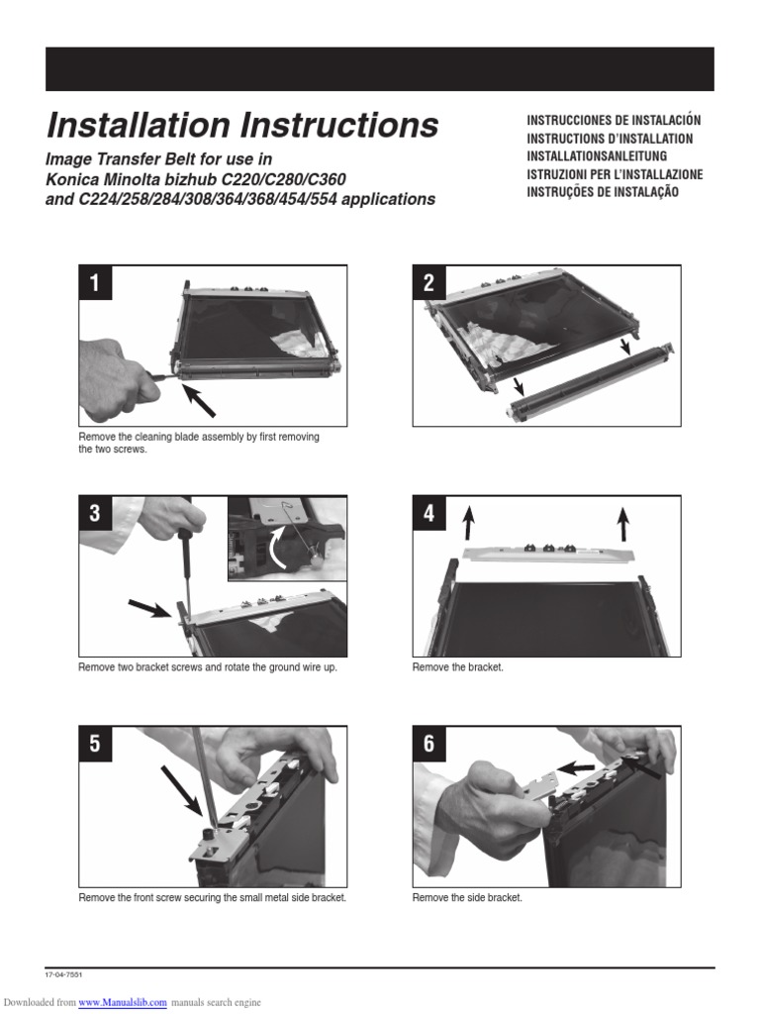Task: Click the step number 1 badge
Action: pos(95,282)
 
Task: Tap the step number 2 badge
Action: pos(428,282)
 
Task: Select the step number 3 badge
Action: pos(95,513)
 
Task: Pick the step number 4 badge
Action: pos(428,513)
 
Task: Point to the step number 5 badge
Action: pos(95,744)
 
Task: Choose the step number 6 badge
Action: pos(428,744)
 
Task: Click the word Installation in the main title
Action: pos(138,125)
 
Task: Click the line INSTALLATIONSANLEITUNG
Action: pos(597,156)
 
